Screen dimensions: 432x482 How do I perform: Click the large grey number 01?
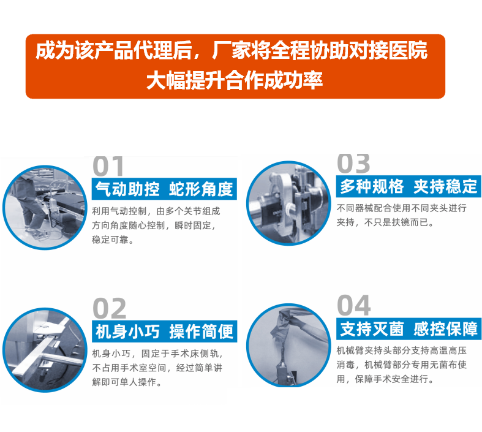pos(109,166)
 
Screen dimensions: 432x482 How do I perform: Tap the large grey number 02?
pos(110,309)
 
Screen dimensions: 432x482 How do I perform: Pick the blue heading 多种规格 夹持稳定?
pos(409,186)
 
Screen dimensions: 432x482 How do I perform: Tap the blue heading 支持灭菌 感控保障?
pos(409,328)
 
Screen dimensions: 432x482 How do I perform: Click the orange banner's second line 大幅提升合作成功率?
pos(235,80)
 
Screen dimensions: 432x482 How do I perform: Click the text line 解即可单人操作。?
pos(127,383)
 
